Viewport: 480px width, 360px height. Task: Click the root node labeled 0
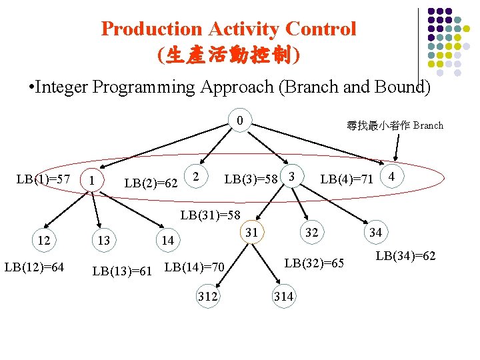(x=239, y=121)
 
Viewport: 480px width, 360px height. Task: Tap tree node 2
(x=195, y=176)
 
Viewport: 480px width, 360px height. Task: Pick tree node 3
(x=291, y=176)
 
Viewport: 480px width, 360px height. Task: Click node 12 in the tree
(x=43, y=240)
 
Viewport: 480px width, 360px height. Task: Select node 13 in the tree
(x=103, y=240)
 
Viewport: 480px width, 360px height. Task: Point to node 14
(x=167, y=240)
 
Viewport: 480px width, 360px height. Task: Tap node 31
(x=251, y=232)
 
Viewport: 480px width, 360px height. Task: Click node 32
(x=311, y=232)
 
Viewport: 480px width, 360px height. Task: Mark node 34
(x=375, y=232)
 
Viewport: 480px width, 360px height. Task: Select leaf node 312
(x=207, y=296)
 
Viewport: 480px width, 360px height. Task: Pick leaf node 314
(x=283, y=296)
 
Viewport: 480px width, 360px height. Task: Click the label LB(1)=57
(x=43, y=179)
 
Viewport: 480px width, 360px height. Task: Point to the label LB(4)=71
(x=347, y=179)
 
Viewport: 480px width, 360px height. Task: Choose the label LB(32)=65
(x=314, y=263)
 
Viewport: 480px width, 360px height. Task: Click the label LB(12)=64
(x=34, y=267)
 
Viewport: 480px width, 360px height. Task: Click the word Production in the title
(x=151, y=29)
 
